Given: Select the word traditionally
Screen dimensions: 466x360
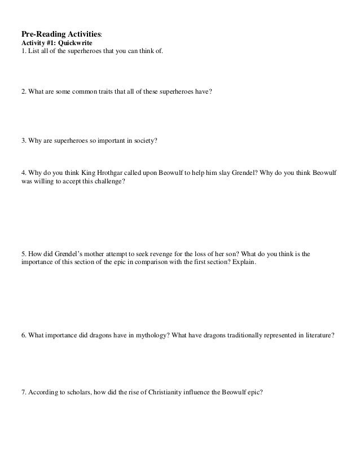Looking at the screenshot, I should click(x=232, y=334).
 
